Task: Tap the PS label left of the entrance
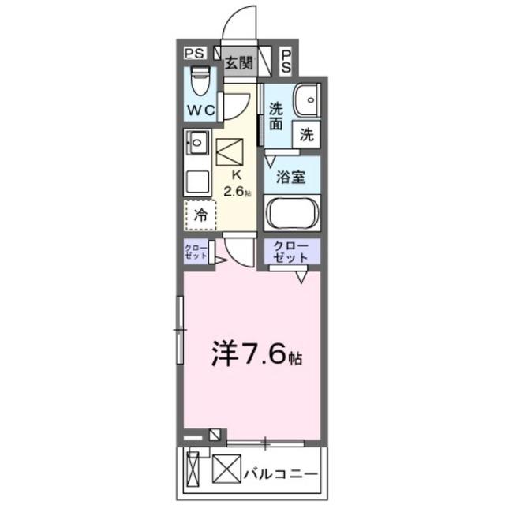(194, 54)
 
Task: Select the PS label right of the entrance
(286, 61)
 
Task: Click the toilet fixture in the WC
(201, 81)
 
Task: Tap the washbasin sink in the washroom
(304, 100)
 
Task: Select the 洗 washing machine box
(306, 135)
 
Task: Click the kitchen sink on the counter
(196, 144)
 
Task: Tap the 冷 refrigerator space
(200, 214)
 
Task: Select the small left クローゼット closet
(196, 252)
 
